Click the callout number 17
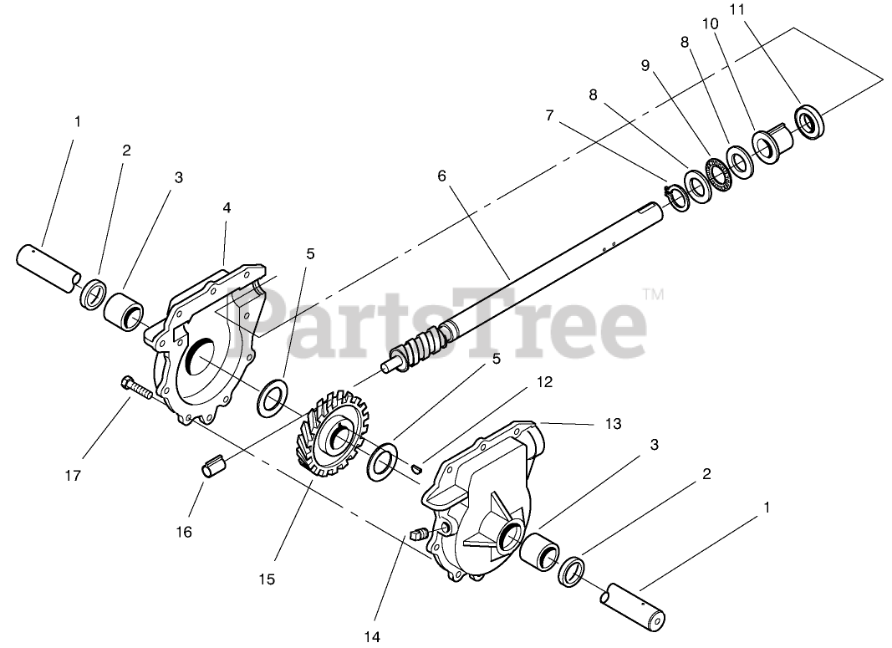pyautogui.click(x=73, y=476)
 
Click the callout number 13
pyautogui.click(x=614, y=424)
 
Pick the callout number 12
pyautogui.click(x=545, y=381)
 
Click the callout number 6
pyautogui.click(x=442, y=176)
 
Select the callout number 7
pyautogui.click(x=549, y=115)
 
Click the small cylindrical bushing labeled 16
pyautogui.click(x=214, y=467)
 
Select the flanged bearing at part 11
pyautogui.click(x=808, y=123)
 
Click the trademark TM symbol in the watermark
pyautogui.click(x=653, y=294)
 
